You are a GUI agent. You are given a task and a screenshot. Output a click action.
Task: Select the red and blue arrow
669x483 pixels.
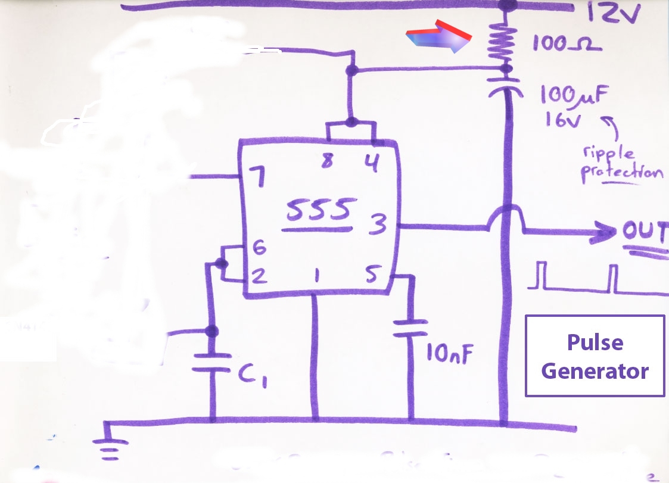pos(438,36)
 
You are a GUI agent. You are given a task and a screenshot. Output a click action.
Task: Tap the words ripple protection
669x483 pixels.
pos(622,165)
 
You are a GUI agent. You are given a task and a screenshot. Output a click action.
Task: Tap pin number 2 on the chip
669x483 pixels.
pos(259,276)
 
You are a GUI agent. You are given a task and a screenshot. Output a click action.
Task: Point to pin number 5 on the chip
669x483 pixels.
pos(372,275)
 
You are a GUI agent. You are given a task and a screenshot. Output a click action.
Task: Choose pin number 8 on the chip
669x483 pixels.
pos(327,160)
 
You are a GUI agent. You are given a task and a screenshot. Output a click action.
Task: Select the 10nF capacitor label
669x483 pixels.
pos(449,354)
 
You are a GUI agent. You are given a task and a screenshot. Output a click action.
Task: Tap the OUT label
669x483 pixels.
pos(645,232)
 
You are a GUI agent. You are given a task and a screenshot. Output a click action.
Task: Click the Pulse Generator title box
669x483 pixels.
pos(595,356)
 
